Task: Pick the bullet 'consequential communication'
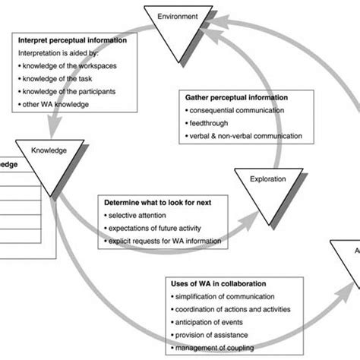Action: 237,111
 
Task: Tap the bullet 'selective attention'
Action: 139,217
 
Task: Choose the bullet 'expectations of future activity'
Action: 156,229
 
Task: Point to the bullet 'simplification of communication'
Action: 226,297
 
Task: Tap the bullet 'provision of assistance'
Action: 215,334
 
